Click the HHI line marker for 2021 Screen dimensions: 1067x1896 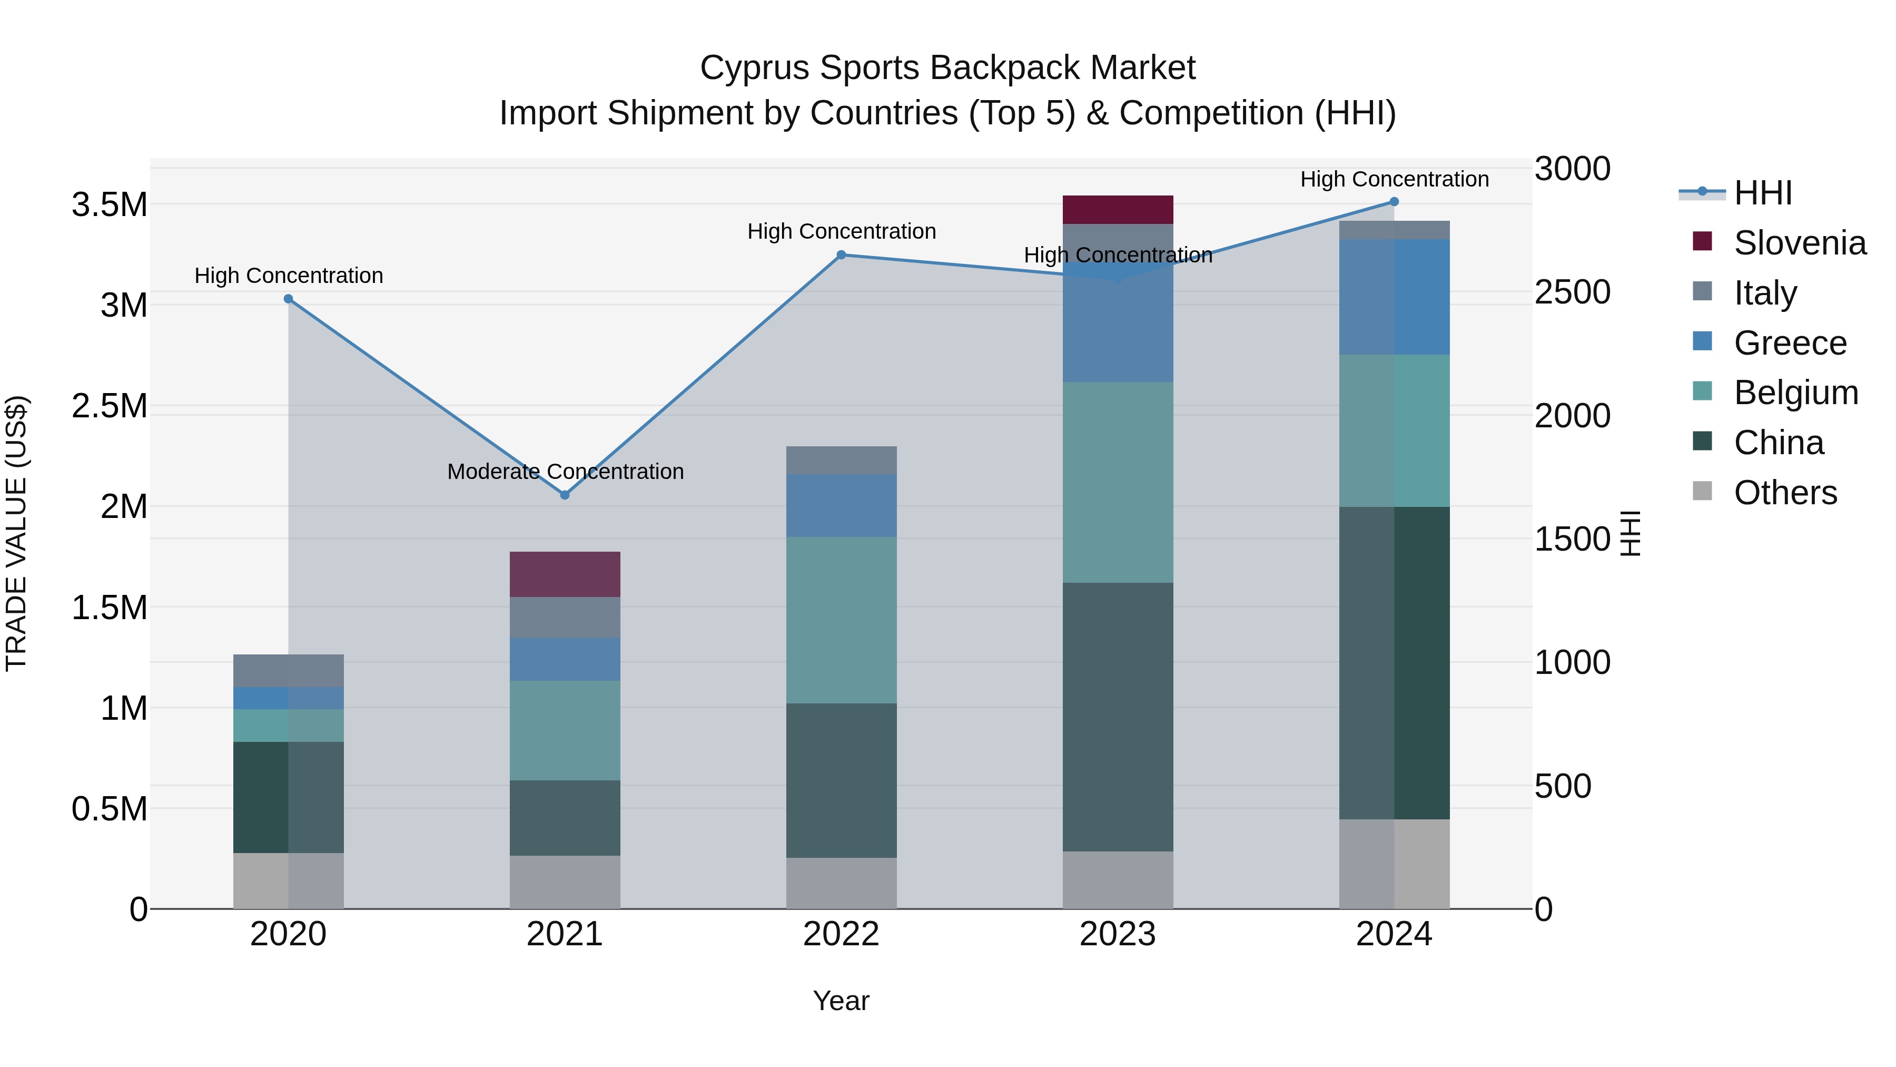pos(565,495)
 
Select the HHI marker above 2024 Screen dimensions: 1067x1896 pos(1394,202)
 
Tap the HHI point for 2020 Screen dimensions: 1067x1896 pos(289,299)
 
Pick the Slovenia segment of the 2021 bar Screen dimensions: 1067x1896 pos(565,574)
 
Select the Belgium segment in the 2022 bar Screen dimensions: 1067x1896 pos(841,620)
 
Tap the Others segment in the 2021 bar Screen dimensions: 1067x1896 pos(565,882)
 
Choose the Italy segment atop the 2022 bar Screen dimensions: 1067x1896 pos(841,460)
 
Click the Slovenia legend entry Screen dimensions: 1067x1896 pos(1799,243)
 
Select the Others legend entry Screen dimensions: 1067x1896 pos(1784,493)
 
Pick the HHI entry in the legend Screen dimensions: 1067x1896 pos(1762,193)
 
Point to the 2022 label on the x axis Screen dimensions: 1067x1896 pos(841,934)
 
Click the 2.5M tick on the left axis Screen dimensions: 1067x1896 pos(110,406)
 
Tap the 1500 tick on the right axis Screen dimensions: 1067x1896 pos(1572,539)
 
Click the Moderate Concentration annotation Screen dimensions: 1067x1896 pos(565,471)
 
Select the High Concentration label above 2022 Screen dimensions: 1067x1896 pos(841,231)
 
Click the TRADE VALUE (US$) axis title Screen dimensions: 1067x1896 pos(16,533)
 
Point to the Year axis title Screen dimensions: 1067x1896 pos(841,1001)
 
